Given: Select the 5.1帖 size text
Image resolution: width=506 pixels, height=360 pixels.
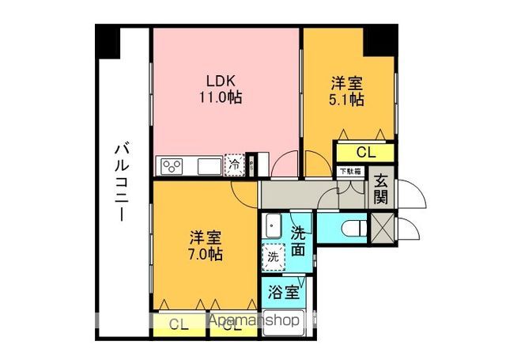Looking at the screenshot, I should click(x=347, y=100).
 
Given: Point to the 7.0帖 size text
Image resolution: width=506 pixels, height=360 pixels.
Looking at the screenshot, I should click(x=205, y=255).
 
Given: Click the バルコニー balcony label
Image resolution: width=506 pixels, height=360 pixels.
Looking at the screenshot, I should click(x=122, y=181).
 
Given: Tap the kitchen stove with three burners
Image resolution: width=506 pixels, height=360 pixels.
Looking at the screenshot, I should click(x=173, y=165).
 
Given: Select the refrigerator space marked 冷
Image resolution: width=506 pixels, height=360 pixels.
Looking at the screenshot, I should click(x=235, y=165).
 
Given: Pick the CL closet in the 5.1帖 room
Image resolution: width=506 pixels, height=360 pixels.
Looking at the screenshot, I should click(x=365, y=152).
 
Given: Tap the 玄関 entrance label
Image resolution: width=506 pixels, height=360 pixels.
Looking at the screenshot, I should click(x=381, y=190).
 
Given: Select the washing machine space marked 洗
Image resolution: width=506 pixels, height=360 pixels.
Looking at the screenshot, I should click(x=273, y=256).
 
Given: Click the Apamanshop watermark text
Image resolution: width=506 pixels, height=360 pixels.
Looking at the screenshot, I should click(x=254, y=320).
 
